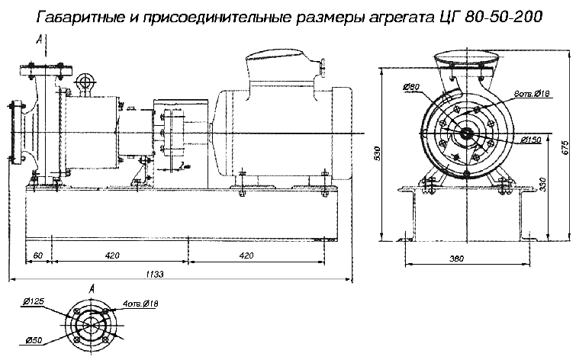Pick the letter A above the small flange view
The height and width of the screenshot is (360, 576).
coord(91,288)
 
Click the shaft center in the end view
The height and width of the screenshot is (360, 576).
coord(463,136)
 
